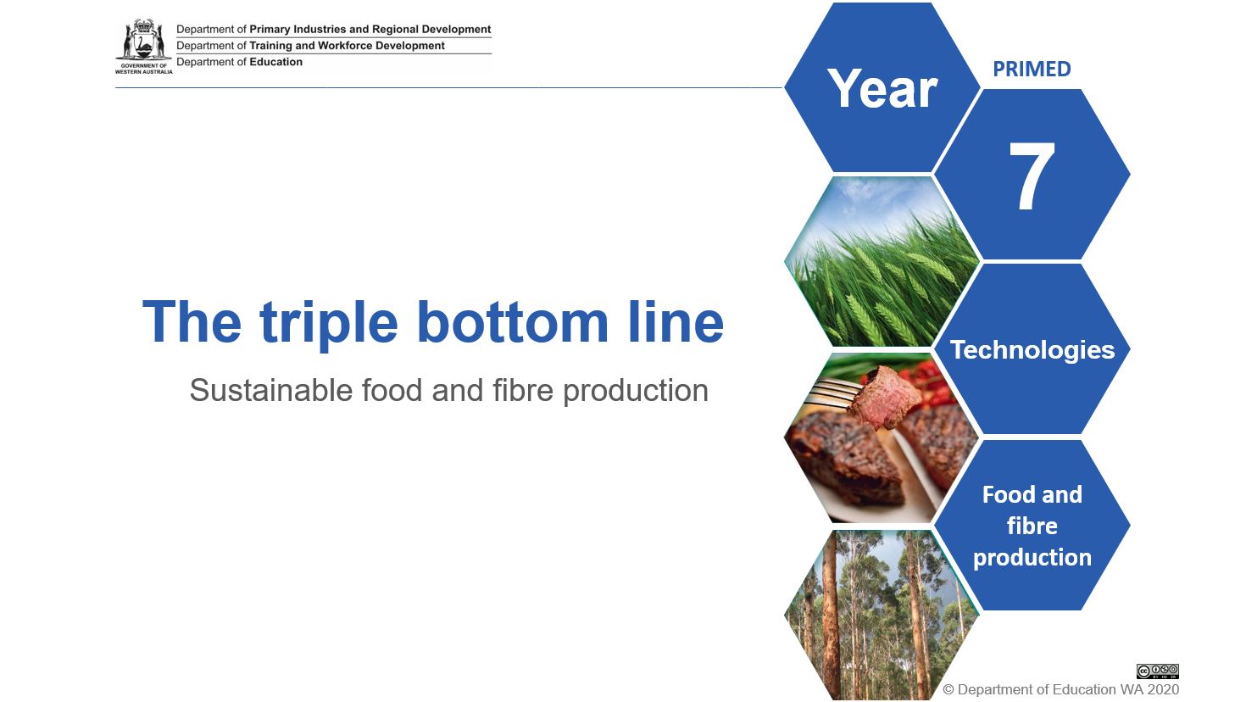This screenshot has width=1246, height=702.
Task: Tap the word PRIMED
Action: pos(1032,69)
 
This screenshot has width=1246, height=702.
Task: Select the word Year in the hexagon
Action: pos(882,88)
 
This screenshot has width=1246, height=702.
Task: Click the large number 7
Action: pos(1032,175)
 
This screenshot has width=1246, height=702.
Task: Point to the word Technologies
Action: pos(1032,350)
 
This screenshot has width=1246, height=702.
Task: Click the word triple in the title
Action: pos(328,324)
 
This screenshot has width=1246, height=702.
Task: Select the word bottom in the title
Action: pos(512,322)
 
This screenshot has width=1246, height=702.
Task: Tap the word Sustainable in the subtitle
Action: pos(271,390)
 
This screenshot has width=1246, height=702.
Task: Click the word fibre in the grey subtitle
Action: pos(523,390)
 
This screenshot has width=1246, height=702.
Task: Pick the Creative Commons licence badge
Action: pos(1158,671)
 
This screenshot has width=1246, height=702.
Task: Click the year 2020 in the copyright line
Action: pos(1163,690)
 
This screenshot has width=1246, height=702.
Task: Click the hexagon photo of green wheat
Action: pos(882,261)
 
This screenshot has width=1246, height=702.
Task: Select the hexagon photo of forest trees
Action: pos(882,615)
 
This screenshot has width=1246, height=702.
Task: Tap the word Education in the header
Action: pos(276,62)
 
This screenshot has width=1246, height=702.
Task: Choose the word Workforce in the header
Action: pos(345,46)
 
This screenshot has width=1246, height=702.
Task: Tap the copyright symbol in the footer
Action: pos(948,690)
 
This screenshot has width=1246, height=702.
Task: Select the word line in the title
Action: pos(676,322)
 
